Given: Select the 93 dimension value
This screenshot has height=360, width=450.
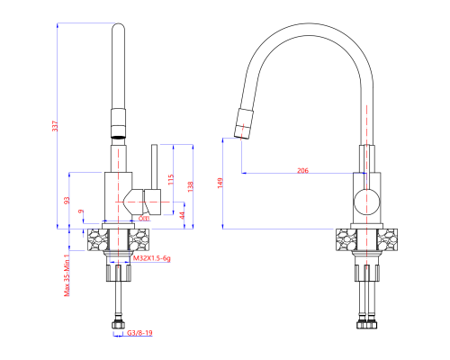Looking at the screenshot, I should [x=67, y=200].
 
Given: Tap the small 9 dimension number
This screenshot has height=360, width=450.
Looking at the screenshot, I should [x=81, y=212].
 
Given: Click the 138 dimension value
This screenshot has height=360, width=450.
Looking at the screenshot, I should [x=189, y=184].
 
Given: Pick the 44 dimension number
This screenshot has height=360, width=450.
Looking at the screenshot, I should [x=183, y=215].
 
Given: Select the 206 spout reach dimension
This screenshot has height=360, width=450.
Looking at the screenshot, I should [x=302, y=168].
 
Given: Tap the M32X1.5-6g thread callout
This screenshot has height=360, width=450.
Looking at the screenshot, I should [x=152, y=257].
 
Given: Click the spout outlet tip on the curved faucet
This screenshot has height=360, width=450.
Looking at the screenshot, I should [x=241, y=131].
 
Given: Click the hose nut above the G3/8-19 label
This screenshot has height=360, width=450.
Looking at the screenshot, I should [x=119, y=322].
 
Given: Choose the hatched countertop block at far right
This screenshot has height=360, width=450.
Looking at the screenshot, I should [x=386, y=239].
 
